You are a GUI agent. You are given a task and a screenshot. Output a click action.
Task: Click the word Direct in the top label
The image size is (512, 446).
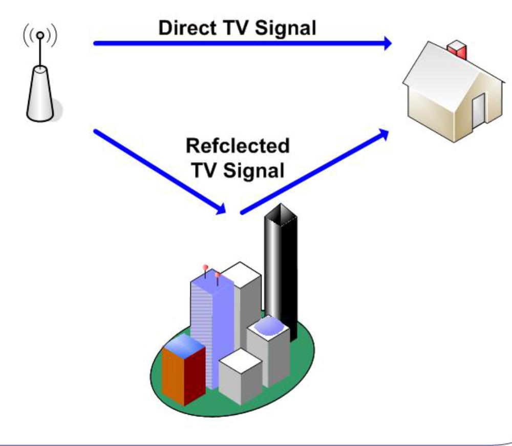[x=187, y=28]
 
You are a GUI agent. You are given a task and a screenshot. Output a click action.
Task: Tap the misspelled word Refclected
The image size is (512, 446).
[x=238, y=146]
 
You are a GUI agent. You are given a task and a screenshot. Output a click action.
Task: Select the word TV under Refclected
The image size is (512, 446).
[x=205, y=170]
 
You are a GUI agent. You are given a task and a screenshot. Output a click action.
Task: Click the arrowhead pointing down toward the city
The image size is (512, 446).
[x=220, y=209]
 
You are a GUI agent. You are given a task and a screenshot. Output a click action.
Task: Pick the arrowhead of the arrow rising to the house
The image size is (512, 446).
[x=383, y=135]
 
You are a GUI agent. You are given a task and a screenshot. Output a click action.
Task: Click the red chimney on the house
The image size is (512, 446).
[x=457, y=50]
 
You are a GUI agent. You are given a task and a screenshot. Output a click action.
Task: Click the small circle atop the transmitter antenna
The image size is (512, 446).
[x=40, y=35]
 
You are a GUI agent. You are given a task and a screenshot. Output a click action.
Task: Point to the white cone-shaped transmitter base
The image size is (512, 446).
[x=40, y=94]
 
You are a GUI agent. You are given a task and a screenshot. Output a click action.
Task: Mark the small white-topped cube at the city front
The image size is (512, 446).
[x=241, y=377]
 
